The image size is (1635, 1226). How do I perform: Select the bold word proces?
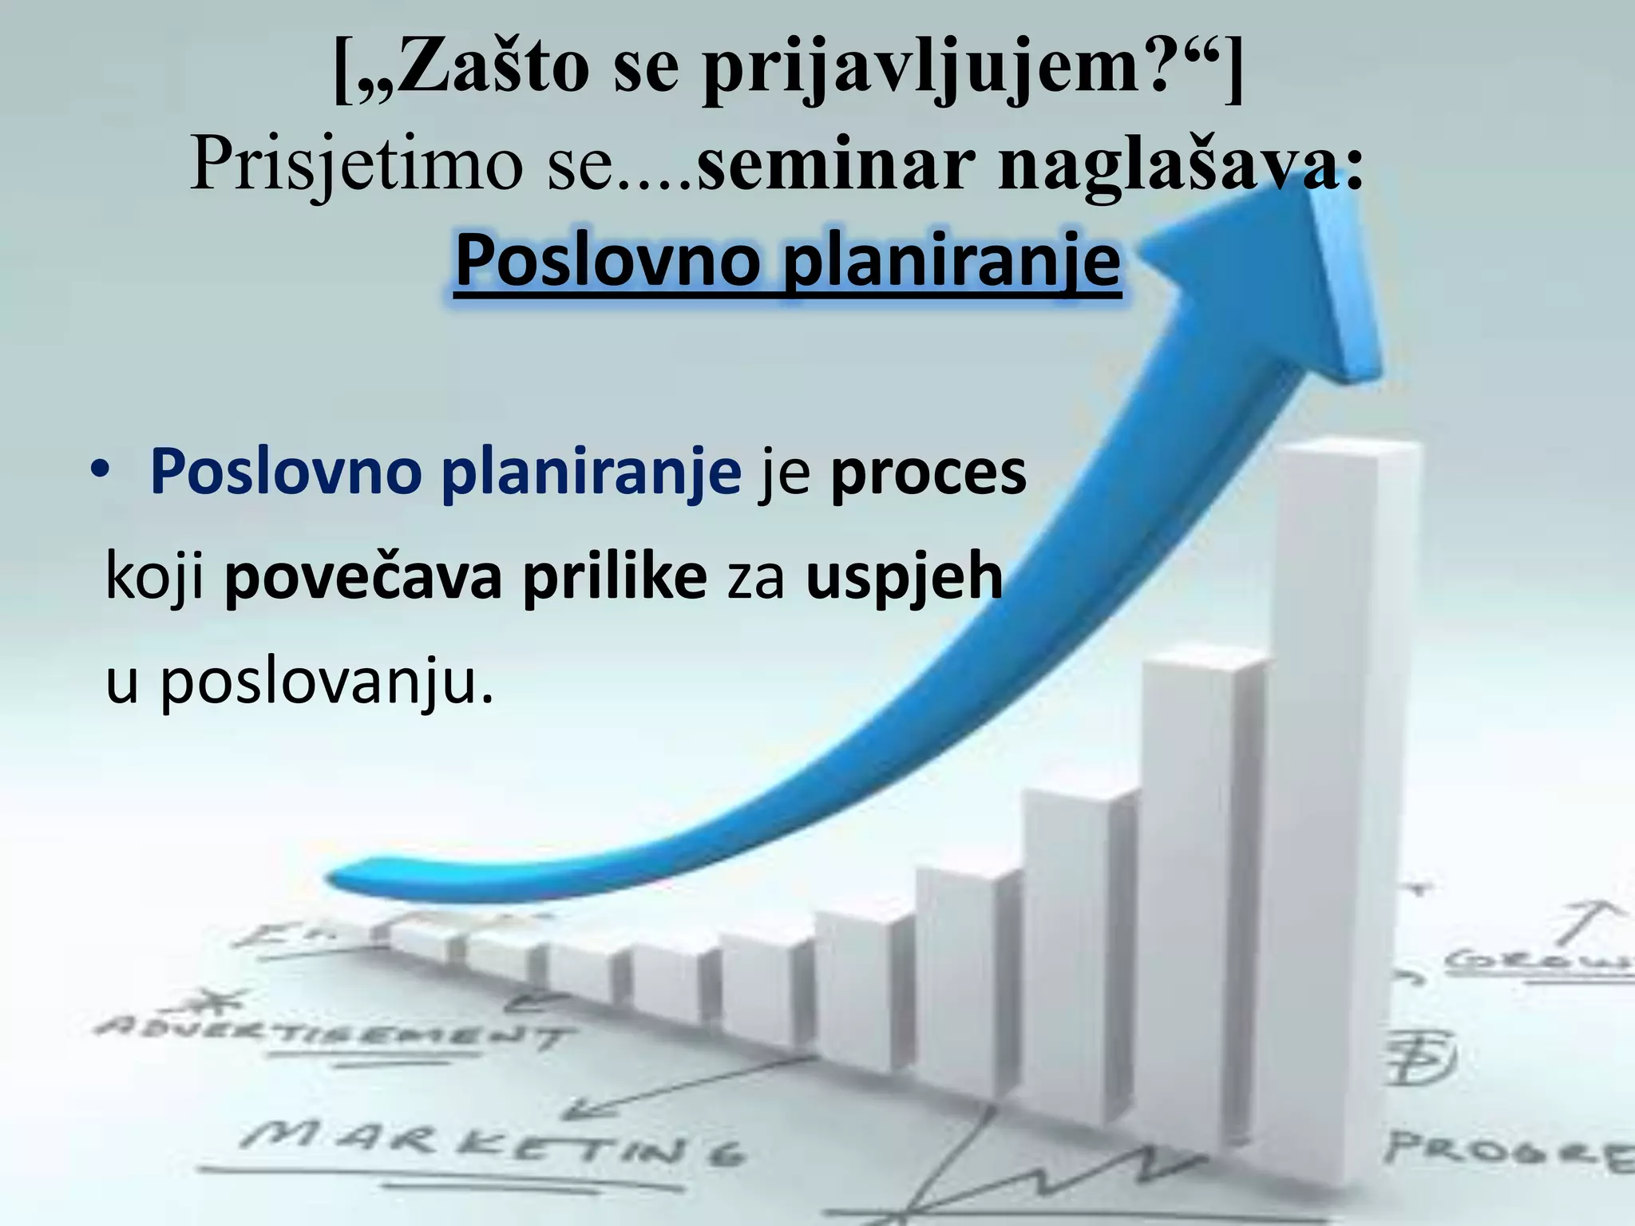click(928, 473)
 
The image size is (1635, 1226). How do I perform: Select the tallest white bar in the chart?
click(1341, 798)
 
